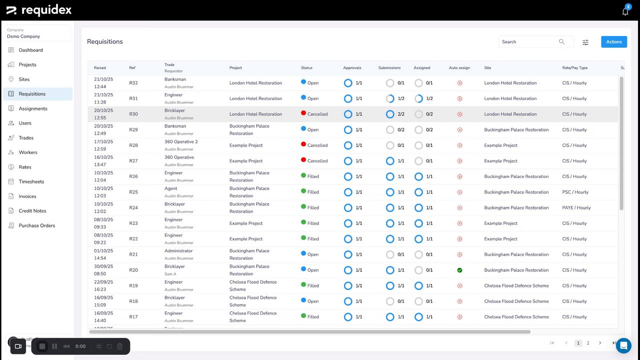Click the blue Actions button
613,42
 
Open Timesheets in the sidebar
31,181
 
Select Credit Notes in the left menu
32,211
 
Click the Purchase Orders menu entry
37,225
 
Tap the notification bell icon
625,11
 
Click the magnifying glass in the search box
561,42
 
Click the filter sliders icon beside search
585,42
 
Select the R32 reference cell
133,83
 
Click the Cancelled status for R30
317,114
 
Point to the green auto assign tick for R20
459,270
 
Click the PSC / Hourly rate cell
575,192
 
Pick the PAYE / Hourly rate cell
576,207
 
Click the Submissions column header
389,68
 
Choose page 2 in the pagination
588,343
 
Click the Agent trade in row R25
171,188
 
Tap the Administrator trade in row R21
178,251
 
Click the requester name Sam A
170,274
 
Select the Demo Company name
23,36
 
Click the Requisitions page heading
105,41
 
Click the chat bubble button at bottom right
623,345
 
